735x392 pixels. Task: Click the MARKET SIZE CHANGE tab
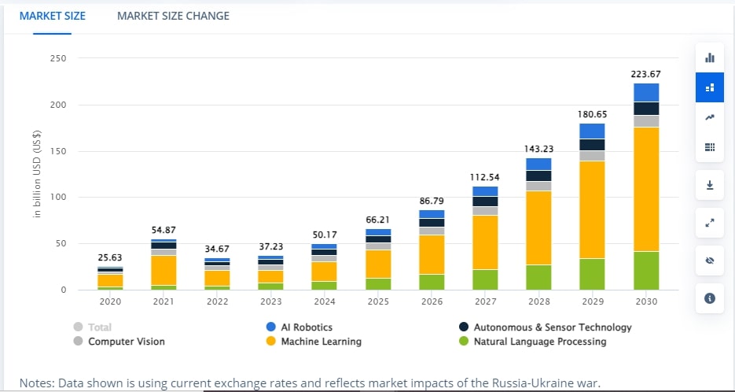pyautogui.click(x=173, y=16)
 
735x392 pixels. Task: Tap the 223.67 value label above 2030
pyautogui.click(x=645, y=74)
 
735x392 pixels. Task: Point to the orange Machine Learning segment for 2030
pyautogui.click(x=645, y=189)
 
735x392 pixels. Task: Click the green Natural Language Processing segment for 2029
pyautogui.click(x=592, y=274)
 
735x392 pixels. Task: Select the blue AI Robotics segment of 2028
pyautogui.click(x=538, y=164)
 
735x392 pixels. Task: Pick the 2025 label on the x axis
pyautogui.click(x=378, y=301)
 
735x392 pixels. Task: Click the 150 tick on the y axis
pyautogui.click(x=57, y=151)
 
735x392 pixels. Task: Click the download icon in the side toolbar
pyautogui.click(x=710, y=185)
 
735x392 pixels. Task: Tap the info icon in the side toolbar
pyautogui.click(x=710, y=298)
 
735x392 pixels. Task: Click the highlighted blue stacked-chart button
pyautogui.click(x=710, y=87)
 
